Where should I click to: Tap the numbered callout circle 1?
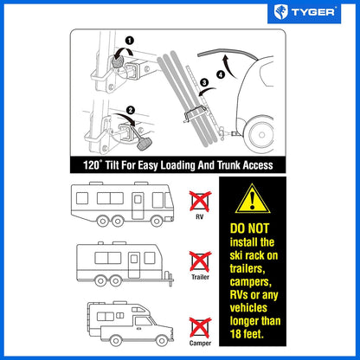(129, 40)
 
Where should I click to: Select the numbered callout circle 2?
(130, 110)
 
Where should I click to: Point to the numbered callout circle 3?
(204, 84)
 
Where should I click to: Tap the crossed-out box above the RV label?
(200, 201)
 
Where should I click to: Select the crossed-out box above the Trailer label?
(200, 260)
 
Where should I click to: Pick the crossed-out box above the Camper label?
(200, 325)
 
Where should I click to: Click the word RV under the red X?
(200, 218)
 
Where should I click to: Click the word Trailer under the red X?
(200, 278)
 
